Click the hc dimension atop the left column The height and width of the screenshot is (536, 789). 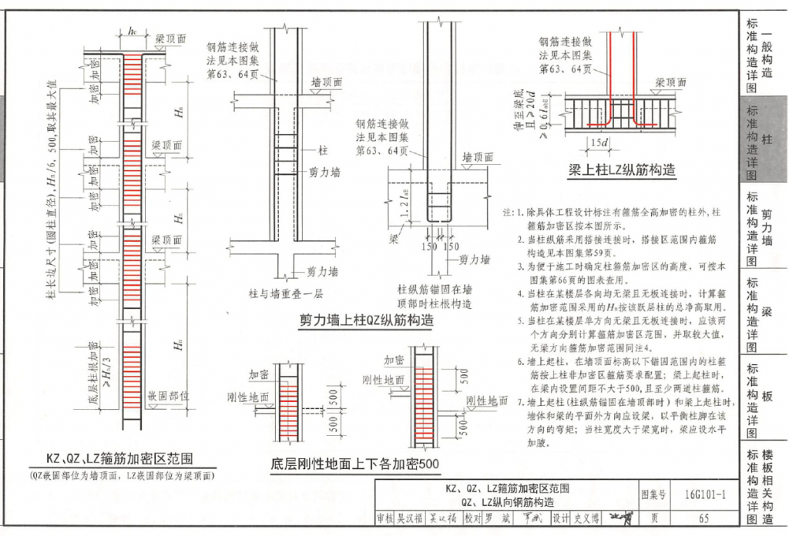pyautogui.click(x=133, y=32)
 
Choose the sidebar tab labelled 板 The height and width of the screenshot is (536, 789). pyautogui.click(x=767, y=396)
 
